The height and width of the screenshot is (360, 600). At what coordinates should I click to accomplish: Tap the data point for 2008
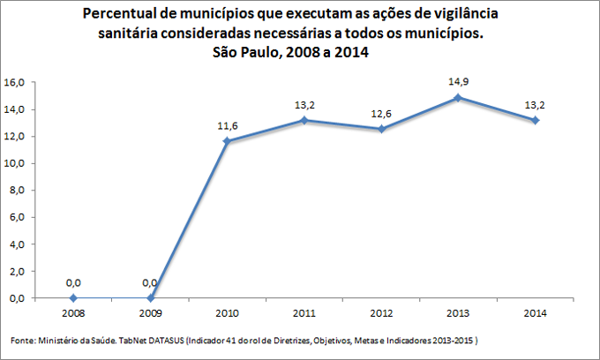[x=73, y=298]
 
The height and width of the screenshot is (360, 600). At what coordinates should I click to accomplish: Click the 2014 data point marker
[x=533, y=120]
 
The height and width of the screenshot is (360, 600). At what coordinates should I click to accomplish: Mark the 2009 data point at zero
[x=150, y=298]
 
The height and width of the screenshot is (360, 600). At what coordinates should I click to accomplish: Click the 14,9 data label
[x=456, y=81]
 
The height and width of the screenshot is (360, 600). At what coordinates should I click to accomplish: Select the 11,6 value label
[x=228, y=125]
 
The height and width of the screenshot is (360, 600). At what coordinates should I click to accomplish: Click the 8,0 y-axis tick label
[x=18, y=191]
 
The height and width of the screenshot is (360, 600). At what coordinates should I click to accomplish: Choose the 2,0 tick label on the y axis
[x=18, y=272]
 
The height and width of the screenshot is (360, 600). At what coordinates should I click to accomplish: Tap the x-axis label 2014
[x=533, y=312]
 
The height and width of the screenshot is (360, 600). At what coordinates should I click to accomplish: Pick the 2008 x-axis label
[x=73, y=312]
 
